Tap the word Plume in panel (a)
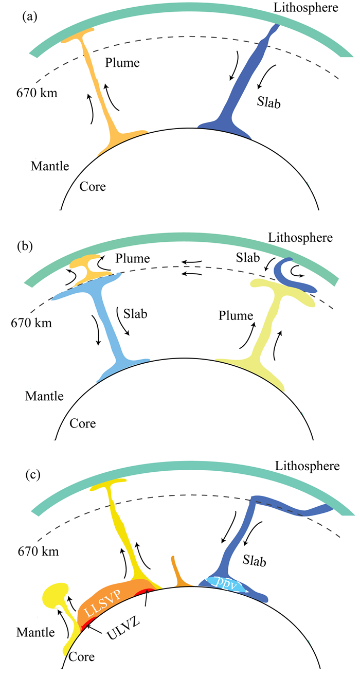(122, 63)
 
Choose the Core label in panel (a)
(93, 186)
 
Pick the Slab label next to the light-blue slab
(135, 312)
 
